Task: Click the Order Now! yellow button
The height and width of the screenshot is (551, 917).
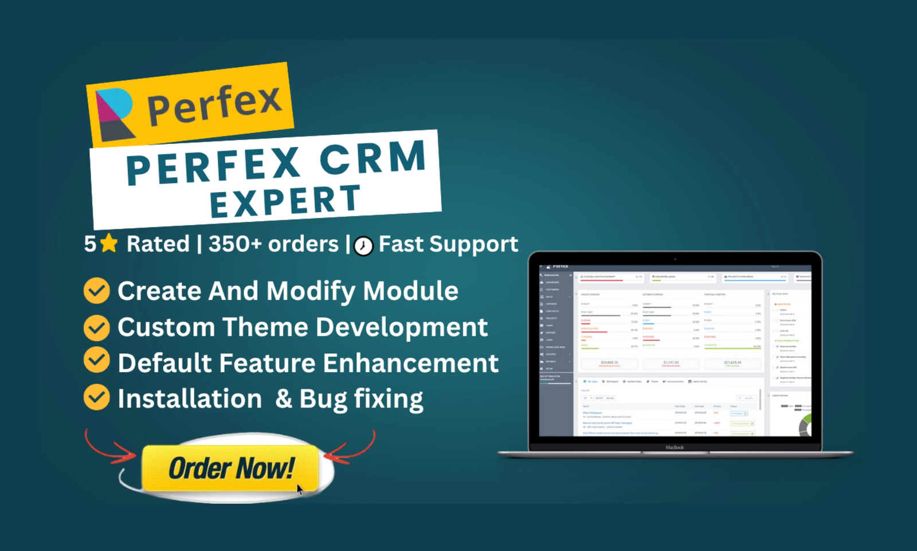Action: coord(230,468)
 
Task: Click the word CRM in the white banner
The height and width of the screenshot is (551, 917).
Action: coord(373,159)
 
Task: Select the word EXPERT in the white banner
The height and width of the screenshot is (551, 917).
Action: coord(285,202)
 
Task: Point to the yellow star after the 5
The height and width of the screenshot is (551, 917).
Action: coord(108,244)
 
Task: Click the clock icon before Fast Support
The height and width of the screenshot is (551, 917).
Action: coord(363,246)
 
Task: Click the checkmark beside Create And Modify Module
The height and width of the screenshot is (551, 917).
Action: coord(97,291)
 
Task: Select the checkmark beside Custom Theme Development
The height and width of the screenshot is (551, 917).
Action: coord(97,327)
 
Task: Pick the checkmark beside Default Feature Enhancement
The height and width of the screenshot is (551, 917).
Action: coord(97,361)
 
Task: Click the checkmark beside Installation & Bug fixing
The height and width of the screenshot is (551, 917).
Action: coord(97,397)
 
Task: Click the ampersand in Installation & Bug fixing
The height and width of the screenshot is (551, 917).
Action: coord(283,398)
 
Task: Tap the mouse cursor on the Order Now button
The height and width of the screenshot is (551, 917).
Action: coord(300,489)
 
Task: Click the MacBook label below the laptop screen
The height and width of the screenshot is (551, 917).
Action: coord(675,447)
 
